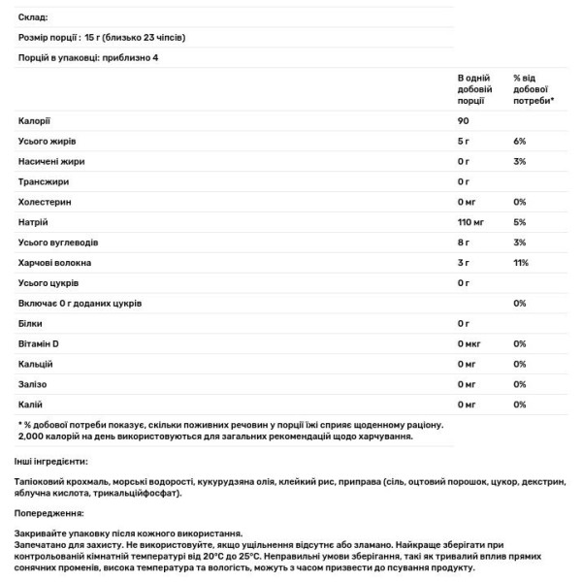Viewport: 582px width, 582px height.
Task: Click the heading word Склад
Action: (33, 17)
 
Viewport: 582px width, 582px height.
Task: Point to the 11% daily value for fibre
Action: (520, 262)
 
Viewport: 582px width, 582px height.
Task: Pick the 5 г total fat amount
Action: (463, 141)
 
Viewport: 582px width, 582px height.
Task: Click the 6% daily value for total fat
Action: (519, 141)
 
